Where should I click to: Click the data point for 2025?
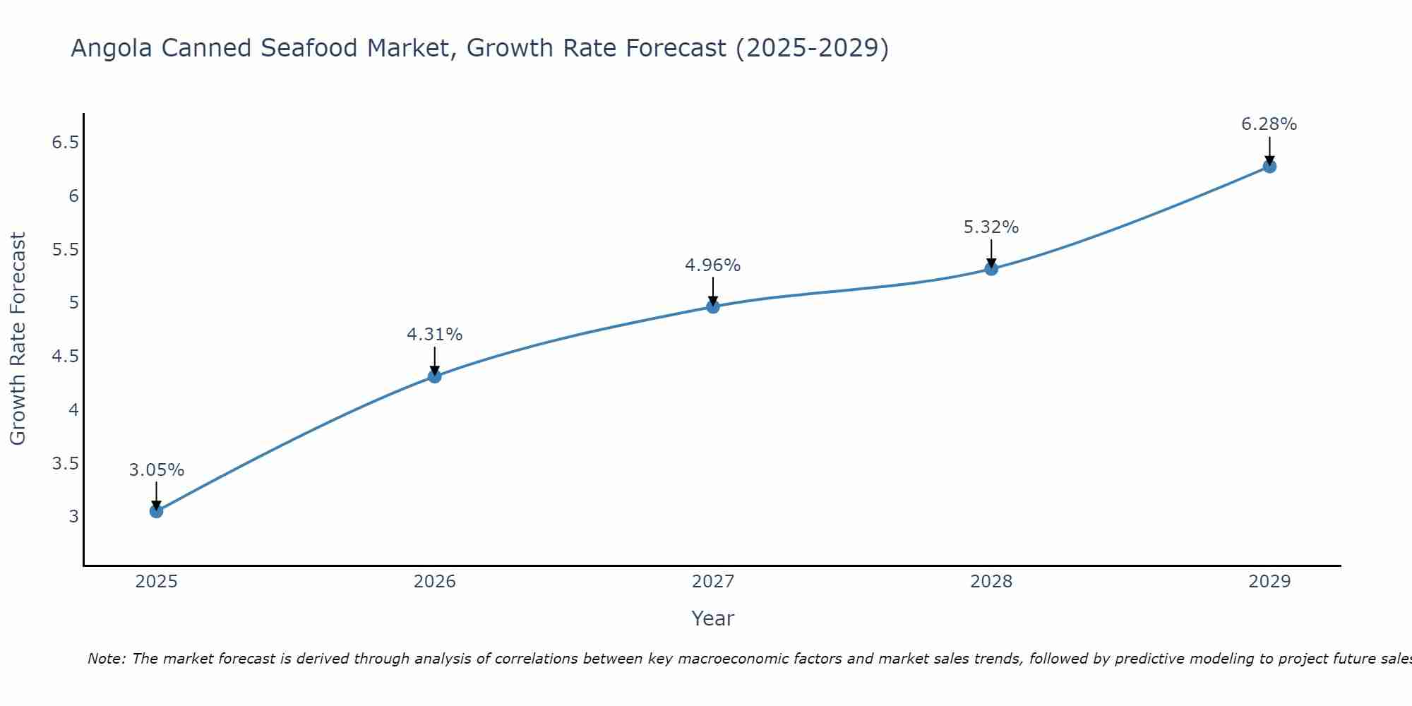(x=156, y=511)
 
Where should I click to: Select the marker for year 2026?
(x=435, y=376)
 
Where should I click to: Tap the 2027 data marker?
(x=713, y=306)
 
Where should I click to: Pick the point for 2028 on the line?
(x=991, y=268)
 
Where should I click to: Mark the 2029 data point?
(x=1269, y=167)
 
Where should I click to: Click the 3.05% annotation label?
(x=156, y=470)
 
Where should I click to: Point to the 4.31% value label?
(x=435, y=335)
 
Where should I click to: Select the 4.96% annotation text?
(x=713, y=265)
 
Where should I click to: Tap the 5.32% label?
(x=991, y=227)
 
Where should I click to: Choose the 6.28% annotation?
(x=1269, y=124)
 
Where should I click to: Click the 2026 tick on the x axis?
(x=435, y=582)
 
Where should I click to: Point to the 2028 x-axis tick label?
(x=991, y=582)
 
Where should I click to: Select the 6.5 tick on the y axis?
(x=65, y=143)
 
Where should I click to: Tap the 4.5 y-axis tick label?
(x=65, y=357)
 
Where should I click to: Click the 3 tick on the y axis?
(x=73, y=516)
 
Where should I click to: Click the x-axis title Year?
(x=713, y=618)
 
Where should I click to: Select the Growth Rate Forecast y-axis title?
(x=18, y=339)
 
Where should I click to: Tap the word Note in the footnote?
(x=106, y=659)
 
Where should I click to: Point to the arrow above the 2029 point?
(x=1269, y=150)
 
